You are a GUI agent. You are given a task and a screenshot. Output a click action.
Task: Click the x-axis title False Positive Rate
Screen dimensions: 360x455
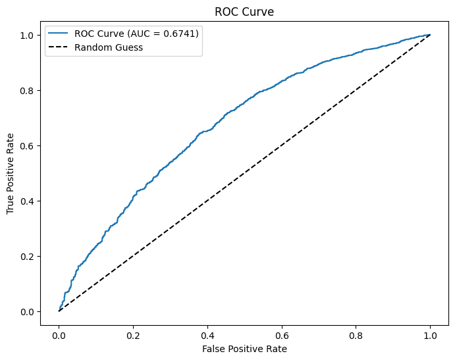coord(244,348)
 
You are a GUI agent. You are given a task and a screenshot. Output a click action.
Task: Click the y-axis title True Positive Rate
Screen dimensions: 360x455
coord(11,173)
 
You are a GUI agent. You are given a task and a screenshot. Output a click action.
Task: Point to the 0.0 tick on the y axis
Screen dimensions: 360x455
coord(29,311)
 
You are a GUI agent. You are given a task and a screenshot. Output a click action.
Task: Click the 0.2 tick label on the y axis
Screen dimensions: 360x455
coord(29,256)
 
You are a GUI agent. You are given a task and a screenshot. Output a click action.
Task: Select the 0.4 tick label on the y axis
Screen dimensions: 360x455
coord(29,201)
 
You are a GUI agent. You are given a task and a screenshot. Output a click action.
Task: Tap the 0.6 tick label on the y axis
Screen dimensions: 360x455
coord(29,145)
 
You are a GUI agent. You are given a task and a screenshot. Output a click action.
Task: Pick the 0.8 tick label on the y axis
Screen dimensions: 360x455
coord(29,90)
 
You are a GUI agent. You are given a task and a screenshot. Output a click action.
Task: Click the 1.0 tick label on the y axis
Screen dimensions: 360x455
coord(29,35)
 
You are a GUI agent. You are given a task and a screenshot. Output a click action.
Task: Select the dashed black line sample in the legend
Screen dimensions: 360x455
coord(59,47)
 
